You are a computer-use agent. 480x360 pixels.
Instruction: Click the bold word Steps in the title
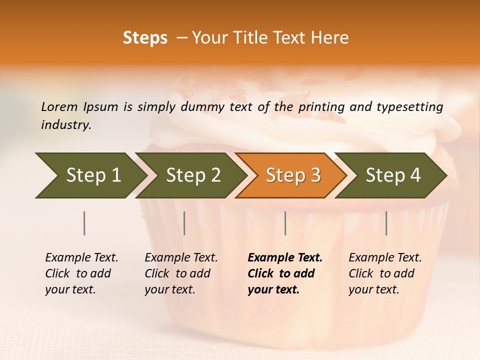point(145,38)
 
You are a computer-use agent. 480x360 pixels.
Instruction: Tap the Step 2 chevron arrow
point(190,175)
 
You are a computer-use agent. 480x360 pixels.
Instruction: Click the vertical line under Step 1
point(84,223)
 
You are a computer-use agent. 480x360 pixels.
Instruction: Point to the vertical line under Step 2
point(184,223)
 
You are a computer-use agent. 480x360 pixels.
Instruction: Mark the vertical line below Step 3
point(285,223)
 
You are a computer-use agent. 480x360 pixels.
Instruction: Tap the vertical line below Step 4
point(386,223)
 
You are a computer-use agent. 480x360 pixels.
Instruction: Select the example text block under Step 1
point(81,273)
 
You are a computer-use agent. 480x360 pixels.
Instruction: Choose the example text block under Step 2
point(181,273)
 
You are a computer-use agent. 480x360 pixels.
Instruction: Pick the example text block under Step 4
point(385,273)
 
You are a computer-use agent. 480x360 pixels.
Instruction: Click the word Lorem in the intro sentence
point(59,106)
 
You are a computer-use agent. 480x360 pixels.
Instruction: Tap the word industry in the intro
point(66,125)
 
